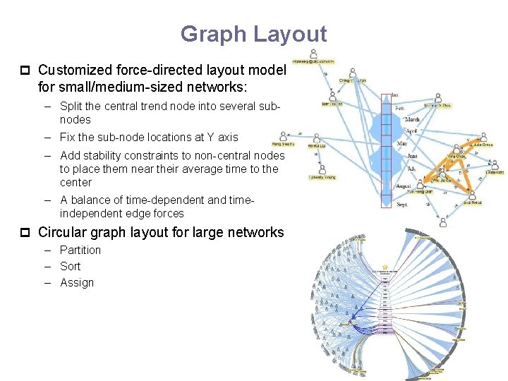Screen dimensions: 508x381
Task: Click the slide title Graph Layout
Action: click(x=254, y=34)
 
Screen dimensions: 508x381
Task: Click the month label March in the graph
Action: click(x=412, y=120)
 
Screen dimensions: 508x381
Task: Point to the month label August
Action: click(x=404, y=186)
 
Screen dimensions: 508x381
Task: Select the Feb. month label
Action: click(x=399, y=109)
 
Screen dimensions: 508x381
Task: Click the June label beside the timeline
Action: click(x=413, y=156)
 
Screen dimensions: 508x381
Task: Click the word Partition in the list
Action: click(x=80, y=250)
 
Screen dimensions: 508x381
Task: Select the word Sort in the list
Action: click(x=71, y=266)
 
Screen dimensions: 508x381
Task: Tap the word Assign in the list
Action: click(x=77, y=282)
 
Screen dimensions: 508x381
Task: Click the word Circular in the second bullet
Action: click(x=61, y=232)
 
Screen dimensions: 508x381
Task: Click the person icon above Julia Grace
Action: click(x=484, y=136)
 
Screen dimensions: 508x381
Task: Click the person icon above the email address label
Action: click(x=313, y=54)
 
